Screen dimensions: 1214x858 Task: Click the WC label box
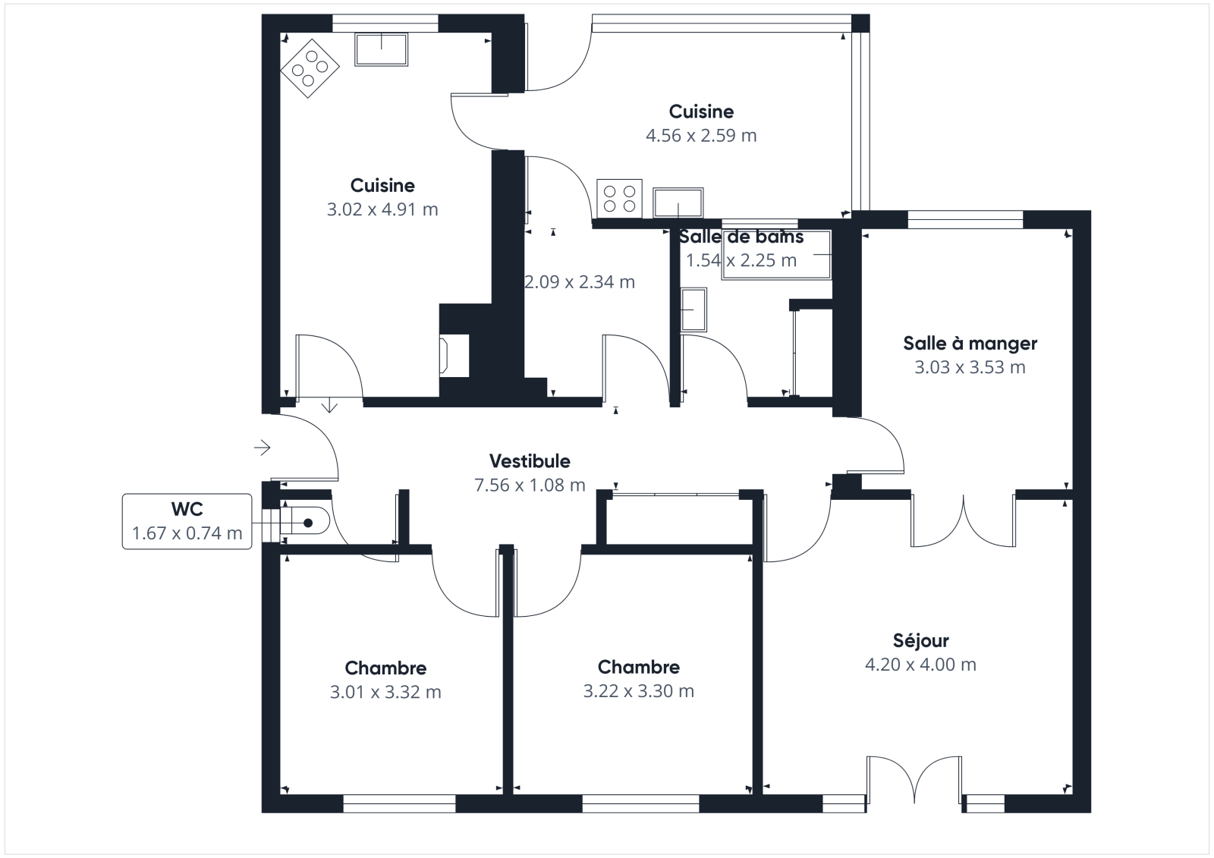click(x=187, y=521)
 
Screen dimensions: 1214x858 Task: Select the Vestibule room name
click(x=530, y=461)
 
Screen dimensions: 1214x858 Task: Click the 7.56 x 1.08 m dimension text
click(x=530, y=485)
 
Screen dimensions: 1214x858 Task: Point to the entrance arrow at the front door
click(x=263, y=448)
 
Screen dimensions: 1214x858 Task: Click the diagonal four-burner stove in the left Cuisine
click(x=310, y=68)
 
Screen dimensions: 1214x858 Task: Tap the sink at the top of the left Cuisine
click(x=381, y=49)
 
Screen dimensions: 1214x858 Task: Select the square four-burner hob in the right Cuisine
click(x=619, y=199)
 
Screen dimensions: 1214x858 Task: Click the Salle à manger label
click(x=970, y=343)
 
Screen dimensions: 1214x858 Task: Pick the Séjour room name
click(x=921, y=640)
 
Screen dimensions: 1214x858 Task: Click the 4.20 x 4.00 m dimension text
click(x=921, y=665)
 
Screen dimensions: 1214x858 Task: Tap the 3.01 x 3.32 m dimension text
click(x=385, y=692)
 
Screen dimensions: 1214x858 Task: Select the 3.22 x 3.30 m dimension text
click(x=638, y=691)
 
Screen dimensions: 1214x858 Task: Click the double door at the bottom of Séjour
click(x=914, y=781)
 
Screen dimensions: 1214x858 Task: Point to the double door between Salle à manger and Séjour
click(x=963, y=521)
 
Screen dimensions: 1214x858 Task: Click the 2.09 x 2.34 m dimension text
click(x=580, y=282)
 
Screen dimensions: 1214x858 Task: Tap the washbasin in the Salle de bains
click(x=693, y=310)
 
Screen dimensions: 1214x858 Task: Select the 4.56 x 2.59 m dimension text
click(x=701, y=136)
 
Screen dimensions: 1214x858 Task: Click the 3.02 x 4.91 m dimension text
click(x=382, y=209)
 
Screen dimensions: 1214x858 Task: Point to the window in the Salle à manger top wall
click(x=965, y=219)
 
